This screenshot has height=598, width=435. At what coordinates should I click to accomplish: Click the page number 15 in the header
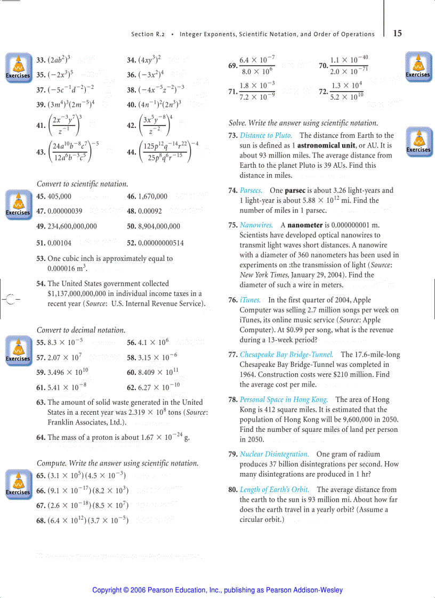tap(398, 33)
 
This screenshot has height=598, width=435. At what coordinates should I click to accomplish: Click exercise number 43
tap(41, 152)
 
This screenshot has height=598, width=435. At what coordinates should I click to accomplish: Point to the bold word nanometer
tap(305, 225)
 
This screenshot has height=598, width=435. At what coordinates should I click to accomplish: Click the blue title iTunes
tap(250, 300)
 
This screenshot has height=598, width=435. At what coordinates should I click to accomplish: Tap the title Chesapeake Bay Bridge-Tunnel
tap(286, 355)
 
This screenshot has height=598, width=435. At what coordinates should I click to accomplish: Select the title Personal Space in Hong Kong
tap(284, 400)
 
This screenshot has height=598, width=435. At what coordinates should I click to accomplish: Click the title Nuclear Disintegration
tap(274, 454)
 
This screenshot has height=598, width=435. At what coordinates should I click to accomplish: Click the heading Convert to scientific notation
tap(82, 184)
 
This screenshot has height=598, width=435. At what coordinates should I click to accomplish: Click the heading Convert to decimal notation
tap(81, 330)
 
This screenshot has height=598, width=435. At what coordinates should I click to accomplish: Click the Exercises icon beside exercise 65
tap(18, 484)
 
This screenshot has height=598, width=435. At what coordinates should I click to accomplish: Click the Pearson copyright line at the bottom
tap(217, 590)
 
